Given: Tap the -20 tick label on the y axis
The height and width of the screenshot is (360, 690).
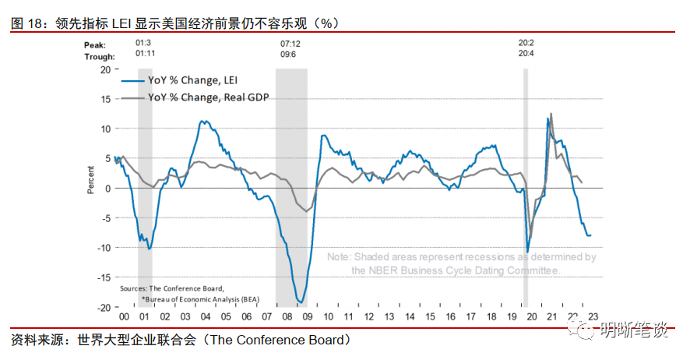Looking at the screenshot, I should click(x=103, y=307).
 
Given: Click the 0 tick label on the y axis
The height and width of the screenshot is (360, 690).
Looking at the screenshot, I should click(x=107, y=188).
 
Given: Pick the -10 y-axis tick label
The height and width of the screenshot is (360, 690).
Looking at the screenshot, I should click(x=103, y=248).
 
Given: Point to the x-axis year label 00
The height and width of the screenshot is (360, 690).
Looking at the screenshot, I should click(x=123, y=317).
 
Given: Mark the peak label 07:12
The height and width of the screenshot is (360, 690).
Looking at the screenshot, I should click(x=290, y=44).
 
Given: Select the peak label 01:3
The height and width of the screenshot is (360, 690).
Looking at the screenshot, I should click(x=143, y=44).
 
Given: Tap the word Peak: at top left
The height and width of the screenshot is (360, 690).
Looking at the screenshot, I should click(x=95, y=45).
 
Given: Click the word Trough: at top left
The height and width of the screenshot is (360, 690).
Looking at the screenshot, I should click(x=100, y=56).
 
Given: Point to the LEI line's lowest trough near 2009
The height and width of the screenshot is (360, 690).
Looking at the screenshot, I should click(x=301, y=302).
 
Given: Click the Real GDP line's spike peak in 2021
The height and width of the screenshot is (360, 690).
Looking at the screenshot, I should click(x=551, y=114).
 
